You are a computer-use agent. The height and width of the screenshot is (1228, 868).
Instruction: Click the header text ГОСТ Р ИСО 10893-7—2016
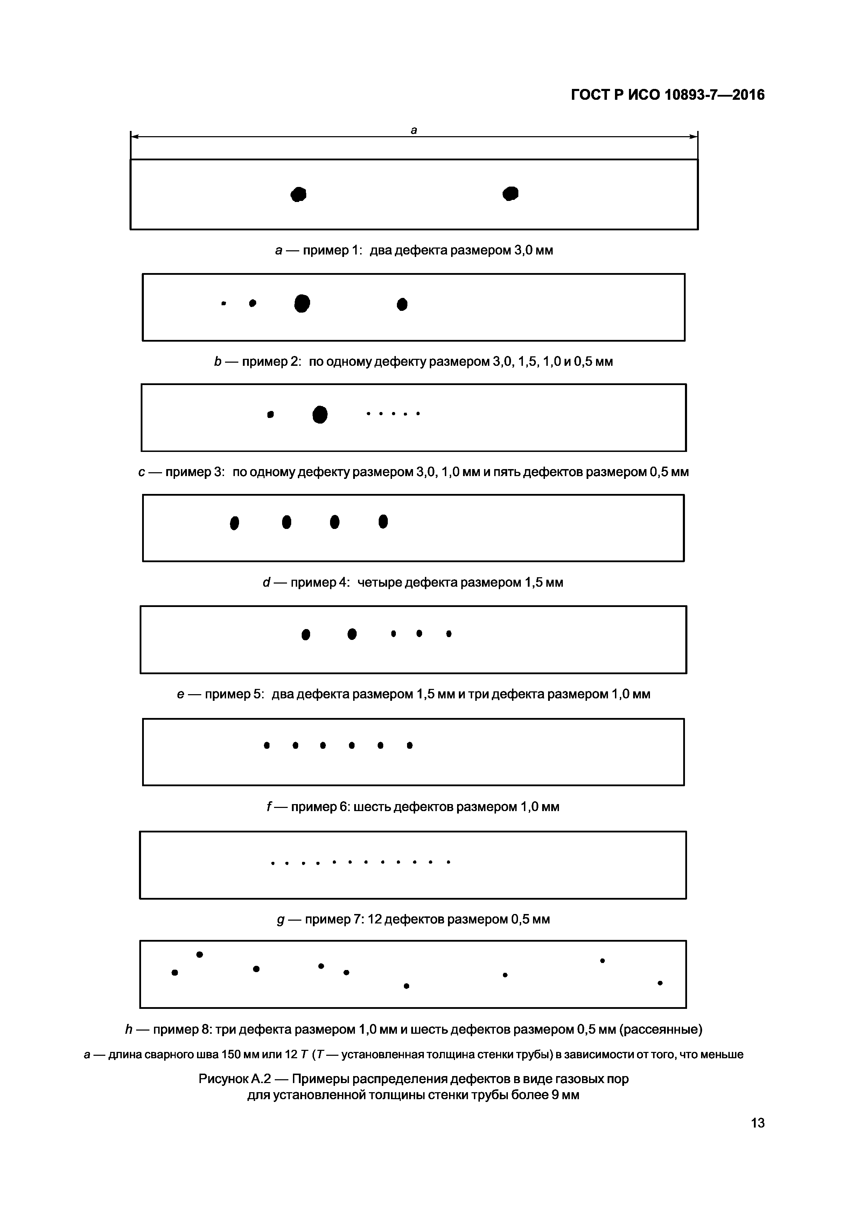667,95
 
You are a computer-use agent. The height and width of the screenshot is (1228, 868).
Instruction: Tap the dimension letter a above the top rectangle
413,130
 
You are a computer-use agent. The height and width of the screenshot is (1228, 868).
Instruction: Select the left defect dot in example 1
299,194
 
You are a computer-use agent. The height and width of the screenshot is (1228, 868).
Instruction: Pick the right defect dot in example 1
511,193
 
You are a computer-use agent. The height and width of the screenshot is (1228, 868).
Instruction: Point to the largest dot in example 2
302,303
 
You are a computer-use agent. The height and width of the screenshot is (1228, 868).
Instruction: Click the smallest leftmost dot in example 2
224,303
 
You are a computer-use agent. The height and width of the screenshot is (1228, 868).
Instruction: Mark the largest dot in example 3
320,414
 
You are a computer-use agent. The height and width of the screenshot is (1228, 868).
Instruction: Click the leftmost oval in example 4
234,523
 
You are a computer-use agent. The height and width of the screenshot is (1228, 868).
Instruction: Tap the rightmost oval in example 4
383,522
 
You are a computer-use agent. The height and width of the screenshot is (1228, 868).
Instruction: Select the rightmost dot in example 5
449,634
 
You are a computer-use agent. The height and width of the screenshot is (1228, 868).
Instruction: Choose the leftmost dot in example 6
267,745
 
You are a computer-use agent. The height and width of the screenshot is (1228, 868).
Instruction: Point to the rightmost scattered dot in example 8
660,983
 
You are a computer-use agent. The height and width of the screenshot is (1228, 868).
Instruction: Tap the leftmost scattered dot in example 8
174,972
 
